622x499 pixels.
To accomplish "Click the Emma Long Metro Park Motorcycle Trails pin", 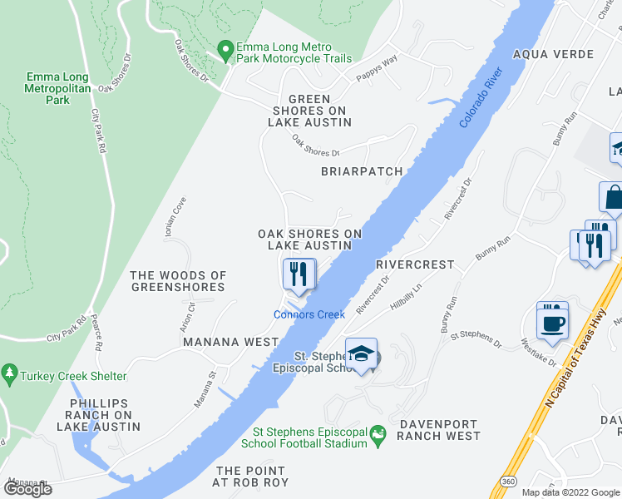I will [x=225, y=51].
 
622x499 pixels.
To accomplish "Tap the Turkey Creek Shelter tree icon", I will [x=10, y=373].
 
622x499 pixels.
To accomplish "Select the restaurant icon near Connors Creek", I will [x=299, y=274].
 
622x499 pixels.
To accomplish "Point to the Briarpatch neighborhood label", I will [x=362, y=171].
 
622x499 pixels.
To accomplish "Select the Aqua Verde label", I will [x=554, y=54].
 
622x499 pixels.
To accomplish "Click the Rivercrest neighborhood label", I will [x=415, y=264].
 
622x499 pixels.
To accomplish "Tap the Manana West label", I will [x=230, y=342].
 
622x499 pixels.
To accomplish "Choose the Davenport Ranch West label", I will [x=439, y=429].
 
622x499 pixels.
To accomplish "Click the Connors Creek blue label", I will [x=309, y=314].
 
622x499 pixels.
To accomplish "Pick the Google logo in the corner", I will [x=28, y=488].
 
